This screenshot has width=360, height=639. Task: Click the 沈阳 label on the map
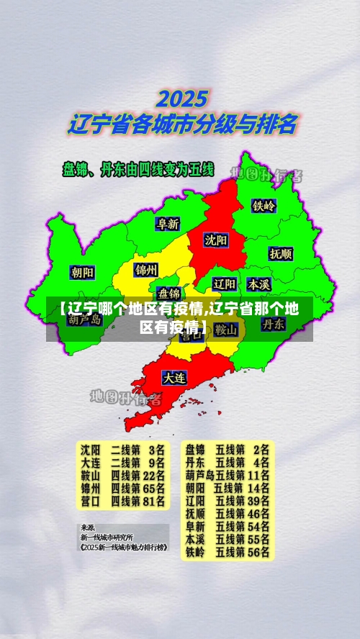coord(215,239)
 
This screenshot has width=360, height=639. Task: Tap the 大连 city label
coord(174,376)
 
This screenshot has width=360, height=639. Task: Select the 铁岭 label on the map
coord(264,205)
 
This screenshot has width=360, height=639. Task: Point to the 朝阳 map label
coord(82,272)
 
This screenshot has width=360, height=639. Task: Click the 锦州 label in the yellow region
coord(145,270)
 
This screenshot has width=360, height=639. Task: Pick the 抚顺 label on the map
coord(280,253)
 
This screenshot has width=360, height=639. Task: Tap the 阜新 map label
coord(168,224)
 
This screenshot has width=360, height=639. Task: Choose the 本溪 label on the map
coord(258,284)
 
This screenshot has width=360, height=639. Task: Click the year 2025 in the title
coord(182,98)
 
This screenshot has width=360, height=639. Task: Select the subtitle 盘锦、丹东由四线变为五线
coord(138,170)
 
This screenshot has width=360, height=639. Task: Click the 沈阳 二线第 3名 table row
coord(122,449)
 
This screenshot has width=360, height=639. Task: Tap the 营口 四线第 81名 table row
coord(122,501)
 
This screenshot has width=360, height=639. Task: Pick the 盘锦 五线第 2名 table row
coord(227,449)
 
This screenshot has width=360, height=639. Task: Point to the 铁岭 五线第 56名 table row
coord(227,553)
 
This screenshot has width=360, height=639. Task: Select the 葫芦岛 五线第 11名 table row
coord(227,475)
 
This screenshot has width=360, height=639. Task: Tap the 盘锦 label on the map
coord(169,293)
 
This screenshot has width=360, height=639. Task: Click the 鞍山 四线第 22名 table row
coord(122,475)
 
